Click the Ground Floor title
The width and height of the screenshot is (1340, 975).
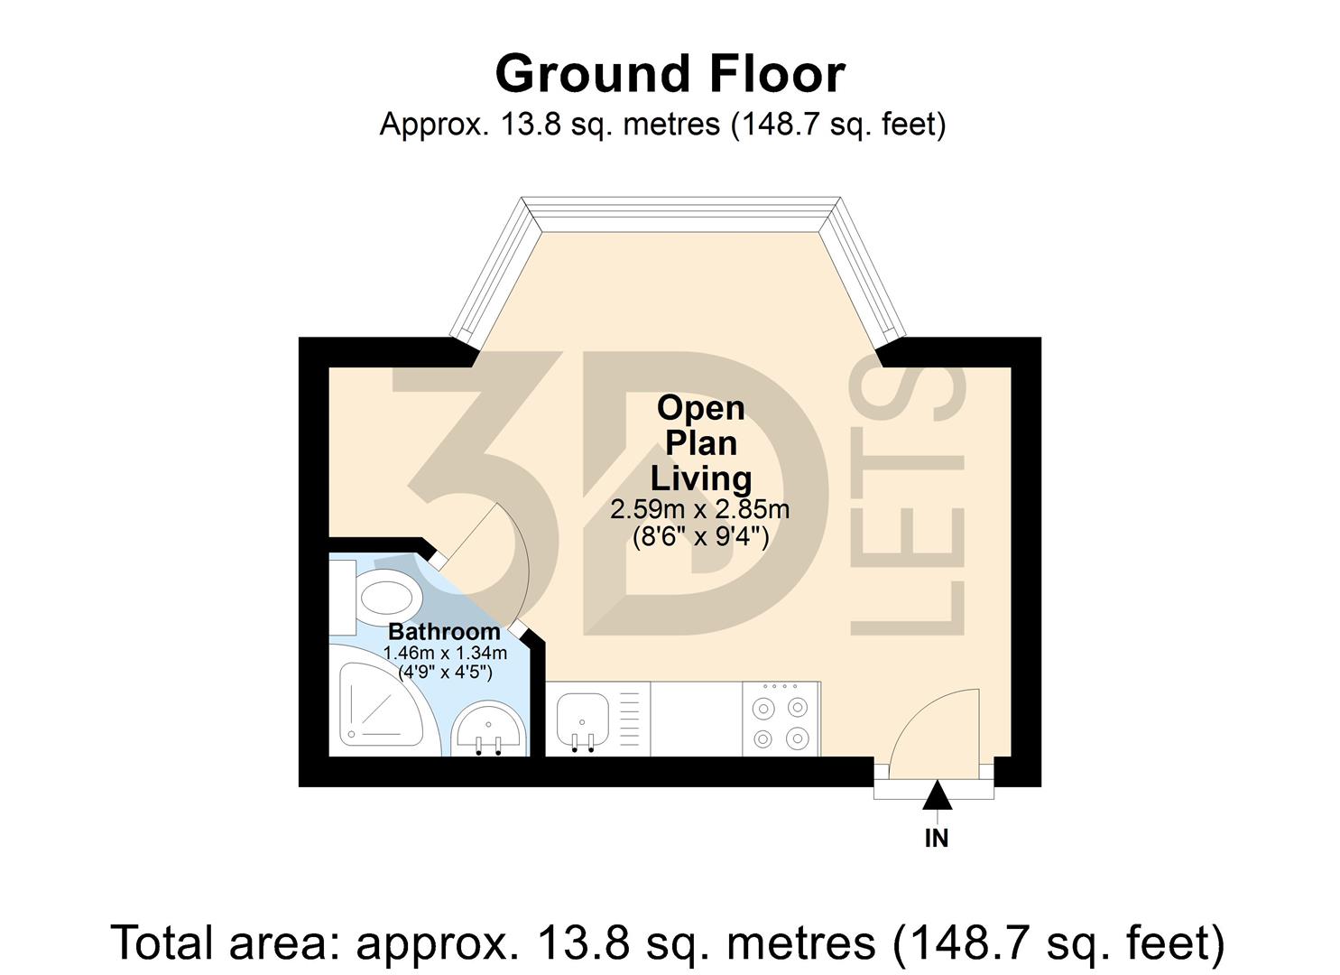click(670, 74)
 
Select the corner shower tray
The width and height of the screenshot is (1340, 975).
click(370, 708)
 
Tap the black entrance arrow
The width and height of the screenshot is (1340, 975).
click(937, 795)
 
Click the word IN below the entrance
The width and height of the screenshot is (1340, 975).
click(937, 839)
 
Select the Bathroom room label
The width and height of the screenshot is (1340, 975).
click(444, 632)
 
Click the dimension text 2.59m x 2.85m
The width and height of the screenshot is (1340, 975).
click(700, 510)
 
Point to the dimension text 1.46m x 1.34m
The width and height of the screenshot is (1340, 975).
click(445, 653)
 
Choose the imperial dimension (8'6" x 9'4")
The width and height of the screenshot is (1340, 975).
click(700, 538)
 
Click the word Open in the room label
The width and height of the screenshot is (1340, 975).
click(701, 408)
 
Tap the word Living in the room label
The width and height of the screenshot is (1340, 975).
click(701, 478)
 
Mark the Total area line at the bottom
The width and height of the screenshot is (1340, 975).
click(668, 942)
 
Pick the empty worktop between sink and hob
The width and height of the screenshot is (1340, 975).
click(696, 720)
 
